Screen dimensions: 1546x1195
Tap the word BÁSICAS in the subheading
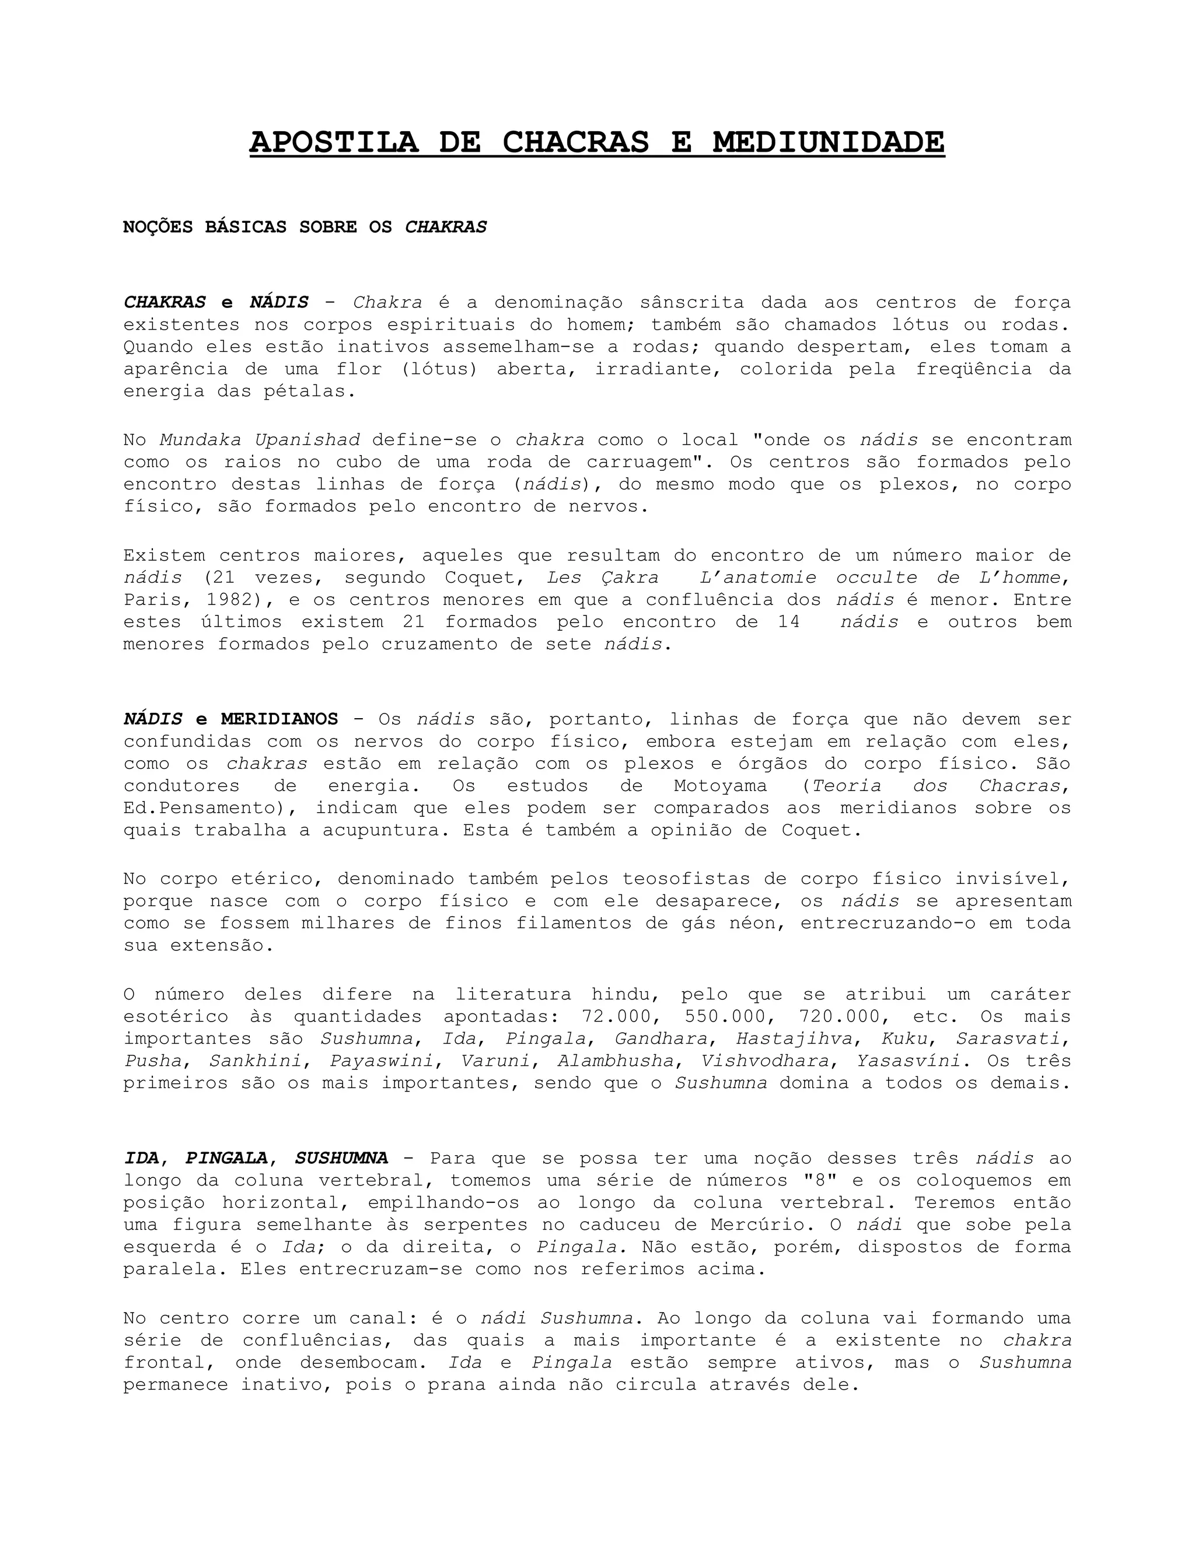(245, 227)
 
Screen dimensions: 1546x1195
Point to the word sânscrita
(691, 303)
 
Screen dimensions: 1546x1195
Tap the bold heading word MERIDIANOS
(279, 720)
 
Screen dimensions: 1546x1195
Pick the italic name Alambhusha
(615, 1061)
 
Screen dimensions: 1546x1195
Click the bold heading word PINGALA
(226, 1159)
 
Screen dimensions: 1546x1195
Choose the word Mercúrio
(753, 1225)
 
